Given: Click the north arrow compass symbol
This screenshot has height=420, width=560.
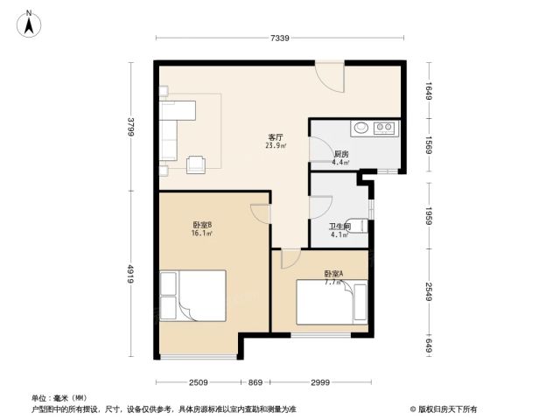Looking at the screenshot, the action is tap(29, 24).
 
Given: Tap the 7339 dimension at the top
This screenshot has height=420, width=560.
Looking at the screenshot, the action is tap(280, 38).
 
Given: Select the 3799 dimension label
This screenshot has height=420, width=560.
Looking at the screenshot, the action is tap(131, 126).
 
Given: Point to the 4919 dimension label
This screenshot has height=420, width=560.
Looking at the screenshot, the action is tap(131, 274).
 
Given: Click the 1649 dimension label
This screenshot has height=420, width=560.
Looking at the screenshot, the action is tap(429, 91).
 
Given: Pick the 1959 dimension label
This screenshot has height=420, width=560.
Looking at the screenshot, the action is tap(429, 216).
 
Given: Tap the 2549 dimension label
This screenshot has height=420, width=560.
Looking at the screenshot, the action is tap(429, 291).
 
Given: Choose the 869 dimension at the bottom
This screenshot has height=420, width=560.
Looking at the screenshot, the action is tap(255, 382).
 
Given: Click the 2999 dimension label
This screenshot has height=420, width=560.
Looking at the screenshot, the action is tap(320, 382).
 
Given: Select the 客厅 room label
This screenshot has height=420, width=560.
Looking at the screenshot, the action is tap(276, 137).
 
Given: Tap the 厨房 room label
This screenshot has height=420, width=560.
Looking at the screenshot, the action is tap(341, 154).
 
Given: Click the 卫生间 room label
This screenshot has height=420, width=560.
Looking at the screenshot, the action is tap(339, 227).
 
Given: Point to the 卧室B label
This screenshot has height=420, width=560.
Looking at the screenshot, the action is tap(202, 225).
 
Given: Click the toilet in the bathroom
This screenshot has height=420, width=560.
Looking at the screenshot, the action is tap(357, 226).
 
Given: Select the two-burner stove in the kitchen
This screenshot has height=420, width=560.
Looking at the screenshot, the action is tap(384, 128).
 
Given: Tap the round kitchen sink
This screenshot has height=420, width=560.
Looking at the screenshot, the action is tap(361, 127).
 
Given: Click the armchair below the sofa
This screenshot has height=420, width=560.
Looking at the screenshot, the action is tap(196, 164).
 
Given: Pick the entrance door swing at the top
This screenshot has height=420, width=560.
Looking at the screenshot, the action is tap(330, 78).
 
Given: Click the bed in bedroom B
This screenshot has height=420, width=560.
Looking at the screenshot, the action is tap(192, 296).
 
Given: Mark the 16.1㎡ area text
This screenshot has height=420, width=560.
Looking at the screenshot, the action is tap(202, 234).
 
